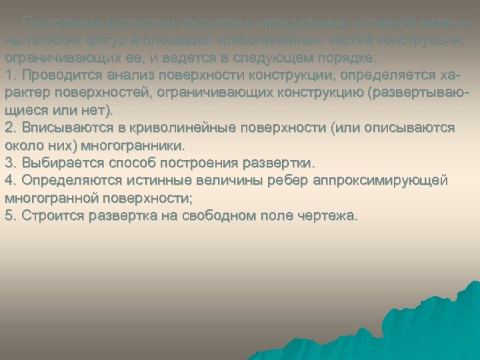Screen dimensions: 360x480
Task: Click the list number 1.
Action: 9,75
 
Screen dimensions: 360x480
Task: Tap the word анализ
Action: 123,75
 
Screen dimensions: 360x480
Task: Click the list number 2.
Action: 9,127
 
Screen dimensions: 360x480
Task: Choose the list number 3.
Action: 9,162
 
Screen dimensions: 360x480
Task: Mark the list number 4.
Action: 9,180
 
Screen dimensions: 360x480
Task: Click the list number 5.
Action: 9,215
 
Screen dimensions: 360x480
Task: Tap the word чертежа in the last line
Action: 327,215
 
